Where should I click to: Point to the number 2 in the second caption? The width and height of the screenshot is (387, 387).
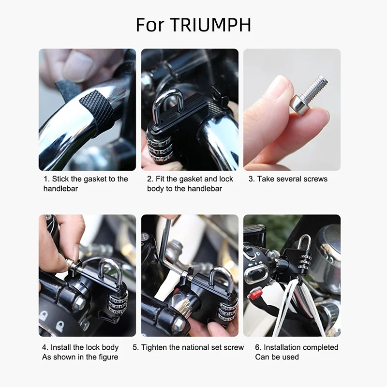click(x=149, y=179)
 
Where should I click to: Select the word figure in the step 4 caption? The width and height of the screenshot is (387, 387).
click(x=107, y=357)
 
